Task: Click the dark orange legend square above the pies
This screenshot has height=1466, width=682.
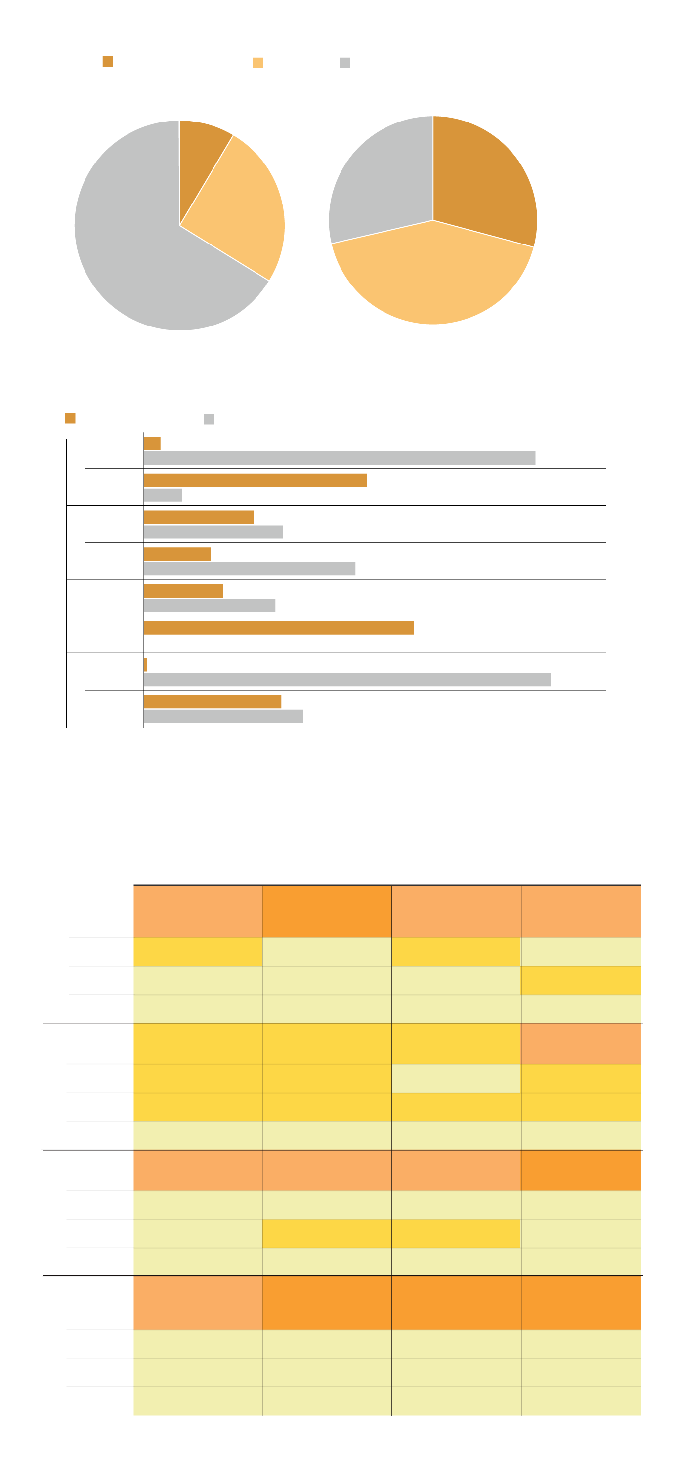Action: click(108, 61)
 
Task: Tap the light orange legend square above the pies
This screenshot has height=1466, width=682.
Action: click(258, 63)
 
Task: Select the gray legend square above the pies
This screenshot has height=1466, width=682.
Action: click(345, 63)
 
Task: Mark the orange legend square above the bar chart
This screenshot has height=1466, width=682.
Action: click(70, 418)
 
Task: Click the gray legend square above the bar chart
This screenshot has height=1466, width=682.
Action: click(209, 419)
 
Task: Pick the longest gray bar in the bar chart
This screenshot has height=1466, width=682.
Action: click(347, 680)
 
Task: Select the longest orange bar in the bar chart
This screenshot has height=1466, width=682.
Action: click(278, 628)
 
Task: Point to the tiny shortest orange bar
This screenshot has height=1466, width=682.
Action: click(145, 665)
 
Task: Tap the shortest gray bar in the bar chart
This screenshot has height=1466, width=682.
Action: click(163, 495)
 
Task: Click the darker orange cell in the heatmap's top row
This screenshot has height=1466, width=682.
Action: click(327, 912)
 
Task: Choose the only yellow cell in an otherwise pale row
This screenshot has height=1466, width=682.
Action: click(581, 980)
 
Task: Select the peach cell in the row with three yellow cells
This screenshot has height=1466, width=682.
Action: click(581, 1044)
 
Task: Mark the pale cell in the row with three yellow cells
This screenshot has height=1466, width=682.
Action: click(456, 1078)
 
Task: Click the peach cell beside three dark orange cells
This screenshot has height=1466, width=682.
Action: click(198, 1303)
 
